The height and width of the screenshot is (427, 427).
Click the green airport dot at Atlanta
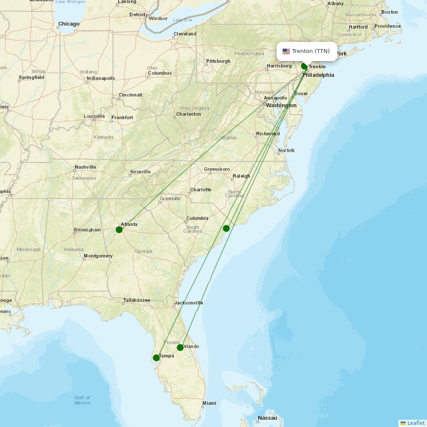pos(119,230)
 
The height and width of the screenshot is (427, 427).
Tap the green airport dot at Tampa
pos(156,358)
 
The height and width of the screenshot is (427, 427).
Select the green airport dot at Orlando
pos(180,348)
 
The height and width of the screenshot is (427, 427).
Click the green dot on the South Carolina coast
pos(226,228)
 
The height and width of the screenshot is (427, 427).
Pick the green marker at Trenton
pos(304,66)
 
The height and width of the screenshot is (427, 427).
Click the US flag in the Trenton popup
pos(286,51)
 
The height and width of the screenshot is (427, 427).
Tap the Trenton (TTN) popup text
pos(311,51)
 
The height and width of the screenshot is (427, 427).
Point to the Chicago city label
pos(69,24)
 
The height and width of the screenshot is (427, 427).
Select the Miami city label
pos(209,403)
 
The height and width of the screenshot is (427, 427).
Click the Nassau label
pos(267,418)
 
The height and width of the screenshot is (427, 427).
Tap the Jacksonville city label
pos(188,303)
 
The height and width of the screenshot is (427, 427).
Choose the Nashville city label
pos(85,167)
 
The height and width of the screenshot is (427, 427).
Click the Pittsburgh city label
pos(218,61)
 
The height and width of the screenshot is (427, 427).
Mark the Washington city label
pos(281,105)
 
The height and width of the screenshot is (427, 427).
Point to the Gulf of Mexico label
pos(82,400)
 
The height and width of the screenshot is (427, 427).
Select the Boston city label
pos(389,12)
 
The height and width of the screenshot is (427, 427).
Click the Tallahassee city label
pos(137,300)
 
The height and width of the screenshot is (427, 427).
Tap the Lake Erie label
pos(183,20)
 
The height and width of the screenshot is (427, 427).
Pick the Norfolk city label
pos(287,150)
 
